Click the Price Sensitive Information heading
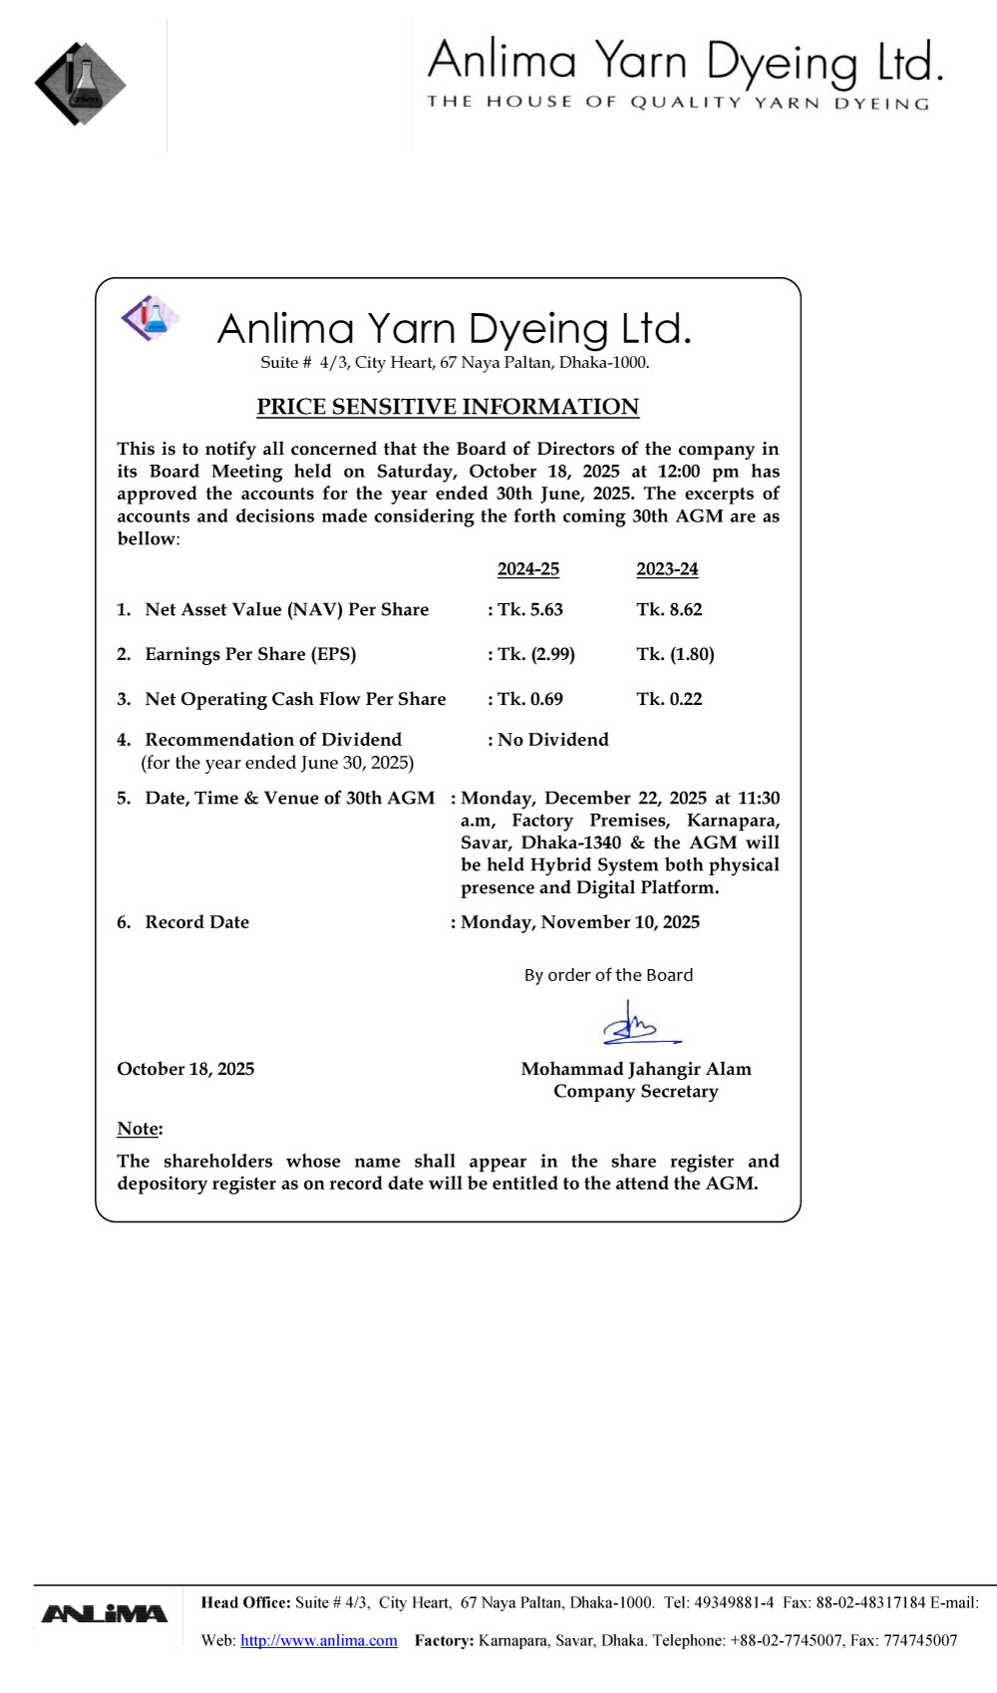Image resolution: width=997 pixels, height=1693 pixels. tap(448, 407)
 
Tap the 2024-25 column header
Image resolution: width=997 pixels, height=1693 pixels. tap(528, 569)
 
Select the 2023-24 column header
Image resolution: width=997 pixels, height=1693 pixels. tap(667, 569)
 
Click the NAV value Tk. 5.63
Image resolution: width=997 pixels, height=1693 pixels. tap(530, 609)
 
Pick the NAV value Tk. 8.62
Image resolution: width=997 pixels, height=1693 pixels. tap(669, 609)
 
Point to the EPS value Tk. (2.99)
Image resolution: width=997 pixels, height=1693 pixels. tap(536, 654)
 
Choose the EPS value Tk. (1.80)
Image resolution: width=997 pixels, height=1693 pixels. tap(675, 654)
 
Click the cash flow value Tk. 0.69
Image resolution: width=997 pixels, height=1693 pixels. tap(530, 699)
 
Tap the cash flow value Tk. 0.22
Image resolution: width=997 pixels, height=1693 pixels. tap(669, 699)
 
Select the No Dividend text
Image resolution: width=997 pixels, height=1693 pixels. tap(553, 739)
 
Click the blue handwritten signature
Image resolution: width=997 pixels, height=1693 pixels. tap(639, 1024)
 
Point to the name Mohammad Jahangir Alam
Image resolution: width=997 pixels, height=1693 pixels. tap(636, 1069)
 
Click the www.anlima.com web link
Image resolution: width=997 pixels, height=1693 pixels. tap(319, 1640)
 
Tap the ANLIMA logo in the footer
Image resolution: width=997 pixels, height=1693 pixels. tap(105, 1613)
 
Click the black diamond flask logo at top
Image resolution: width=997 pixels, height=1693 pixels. tap(80, 84)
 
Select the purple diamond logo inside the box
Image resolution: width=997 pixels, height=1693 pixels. tap(150, 318)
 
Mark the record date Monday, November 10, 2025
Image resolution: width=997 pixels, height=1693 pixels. tap(580, 922)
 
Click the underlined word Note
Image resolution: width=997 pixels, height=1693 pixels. tap(139, 1129)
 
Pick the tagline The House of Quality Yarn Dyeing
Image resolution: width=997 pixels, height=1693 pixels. tap(678, 103)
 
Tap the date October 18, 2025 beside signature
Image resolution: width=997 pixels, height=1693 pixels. tap(185, 1069)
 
